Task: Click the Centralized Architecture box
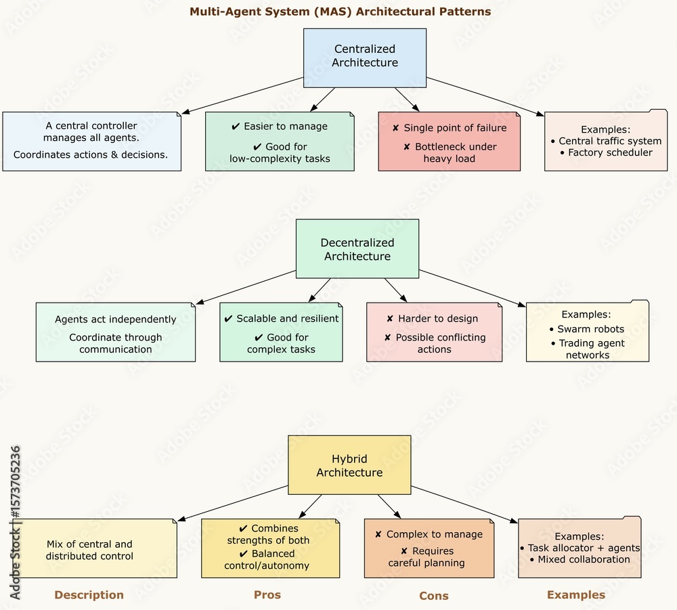tap(365, 57)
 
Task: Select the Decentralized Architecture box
tap(357, 249)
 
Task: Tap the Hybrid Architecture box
tap(349, 466)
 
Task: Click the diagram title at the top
tap(340, 12)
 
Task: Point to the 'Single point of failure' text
tap(455, 127)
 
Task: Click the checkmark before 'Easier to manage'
tap(236, 127)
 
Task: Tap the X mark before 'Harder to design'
tap(390, 319)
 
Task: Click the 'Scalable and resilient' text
tap(288, 318)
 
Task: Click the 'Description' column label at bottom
tap(89, 595)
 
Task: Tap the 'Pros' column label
tap(267, 594)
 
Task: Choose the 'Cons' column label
tap(434, 596)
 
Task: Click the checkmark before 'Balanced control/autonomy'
tap(244, 554)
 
